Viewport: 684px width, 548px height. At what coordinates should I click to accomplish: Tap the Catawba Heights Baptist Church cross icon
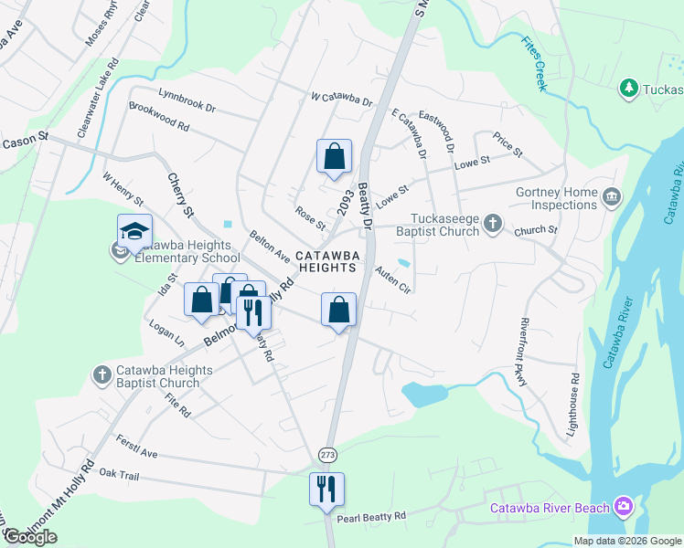102,374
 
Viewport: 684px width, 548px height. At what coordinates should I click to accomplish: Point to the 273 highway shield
328,454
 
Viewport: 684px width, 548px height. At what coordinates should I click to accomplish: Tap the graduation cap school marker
134,232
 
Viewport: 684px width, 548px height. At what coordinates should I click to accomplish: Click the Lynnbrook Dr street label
187,94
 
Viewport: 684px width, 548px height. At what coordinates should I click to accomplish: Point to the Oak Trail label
119,474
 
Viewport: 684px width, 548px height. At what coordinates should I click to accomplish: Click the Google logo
30,537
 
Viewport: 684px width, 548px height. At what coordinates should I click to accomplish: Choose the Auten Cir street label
394,279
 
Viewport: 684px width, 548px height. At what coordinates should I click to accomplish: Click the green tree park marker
628,89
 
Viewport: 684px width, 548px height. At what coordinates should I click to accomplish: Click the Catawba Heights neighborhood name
325,261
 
